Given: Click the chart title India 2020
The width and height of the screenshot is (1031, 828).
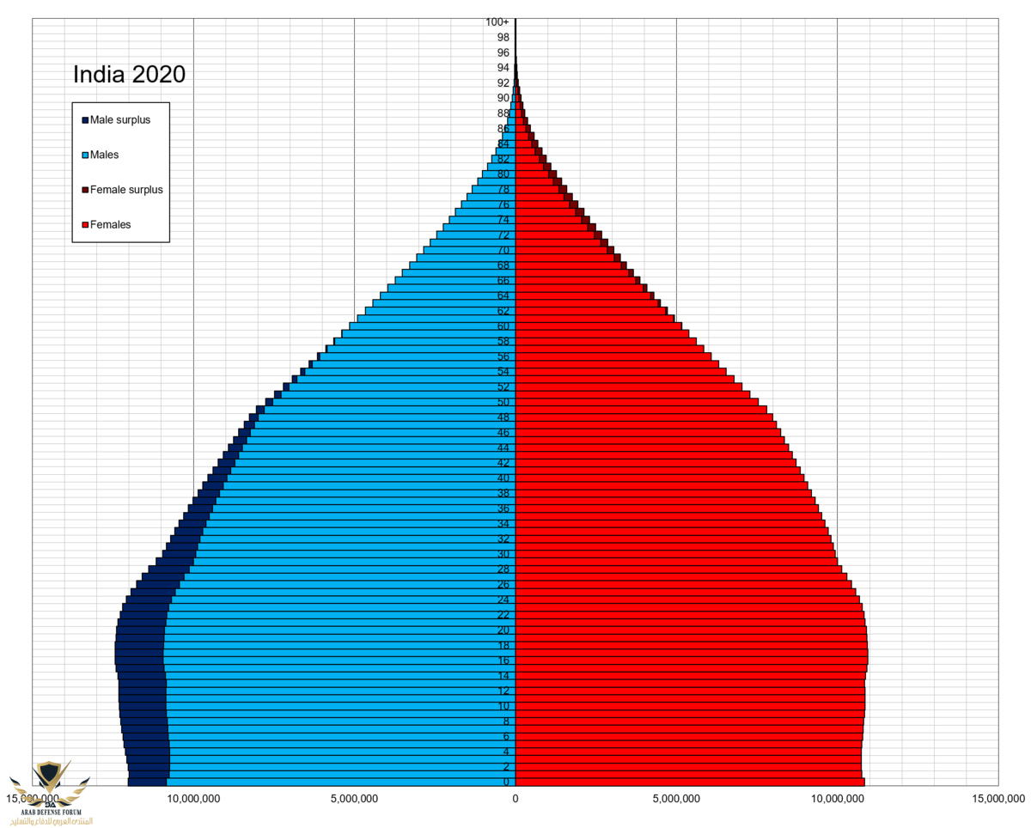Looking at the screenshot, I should coord(129,75).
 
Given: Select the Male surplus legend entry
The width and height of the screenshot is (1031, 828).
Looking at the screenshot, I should coord(119,120).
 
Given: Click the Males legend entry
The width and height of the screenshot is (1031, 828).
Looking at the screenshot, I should coord(104,155).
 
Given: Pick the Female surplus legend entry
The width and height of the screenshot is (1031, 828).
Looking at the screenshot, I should coord(125,190).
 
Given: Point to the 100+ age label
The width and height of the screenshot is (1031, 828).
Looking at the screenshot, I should coord(497,21).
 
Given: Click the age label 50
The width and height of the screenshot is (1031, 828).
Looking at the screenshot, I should coord(503,402).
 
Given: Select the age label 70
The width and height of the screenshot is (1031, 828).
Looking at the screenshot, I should coord(503,250).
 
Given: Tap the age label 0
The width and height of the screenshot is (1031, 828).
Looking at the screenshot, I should coord(507,782).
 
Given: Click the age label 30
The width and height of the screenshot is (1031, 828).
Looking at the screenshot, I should coord(503,554).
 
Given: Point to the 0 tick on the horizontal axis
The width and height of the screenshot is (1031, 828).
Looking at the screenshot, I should coord(515,799).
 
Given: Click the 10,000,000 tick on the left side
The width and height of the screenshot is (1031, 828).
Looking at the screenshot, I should coord(193,799).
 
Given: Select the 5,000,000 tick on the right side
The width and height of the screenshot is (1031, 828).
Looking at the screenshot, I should coord(676,799).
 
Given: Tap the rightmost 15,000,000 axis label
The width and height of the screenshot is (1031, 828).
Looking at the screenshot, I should coord(997,799).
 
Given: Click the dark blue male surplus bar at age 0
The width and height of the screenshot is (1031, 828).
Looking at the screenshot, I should coord(147,782).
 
